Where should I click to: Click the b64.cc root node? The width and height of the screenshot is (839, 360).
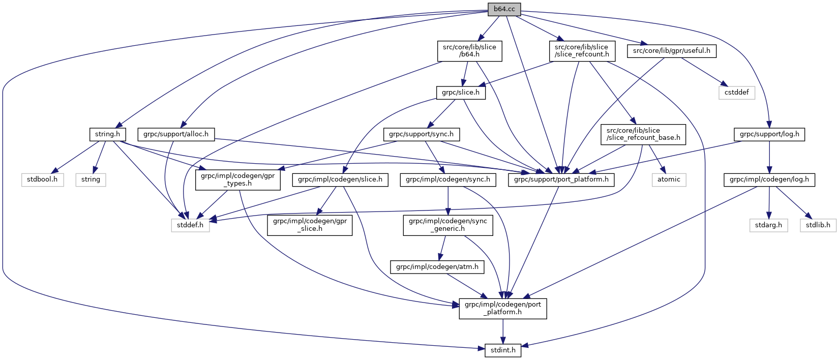(x=504, y=9)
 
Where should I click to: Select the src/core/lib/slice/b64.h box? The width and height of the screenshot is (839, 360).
(x=469, y=51)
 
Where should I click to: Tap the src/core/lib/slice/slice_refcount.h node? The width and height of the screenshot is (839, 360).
(x=582, y=51)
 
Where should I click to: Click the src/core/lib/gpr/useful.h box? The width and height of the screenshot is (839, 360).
(x=672, y=51)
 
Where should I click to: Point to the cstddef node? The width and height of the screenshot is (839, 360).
(x=737, y=93)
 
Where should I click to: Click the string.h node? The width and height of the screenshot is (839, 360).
(x=107, y=135)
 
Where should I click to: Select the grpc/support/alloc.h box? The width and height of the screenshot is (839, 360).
(x=176, y=135)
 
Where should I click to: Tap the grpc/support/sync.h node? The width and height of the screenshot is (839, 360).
(x=422, y=135)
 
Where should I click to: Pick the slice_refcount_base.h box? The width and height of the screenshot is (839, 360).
(x=643, y=134)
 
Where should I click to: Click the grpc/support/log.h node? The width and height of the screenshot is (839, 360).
(x=769, y=135)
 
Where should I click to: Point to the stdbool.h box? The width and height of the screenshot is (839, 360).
(x=43, y=179)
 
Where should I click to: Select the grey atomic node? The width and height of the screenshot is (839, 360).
(x=669, y=179)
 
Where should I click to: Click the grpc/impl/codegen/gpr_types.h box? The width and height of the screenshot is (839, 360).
(x=238, y=179)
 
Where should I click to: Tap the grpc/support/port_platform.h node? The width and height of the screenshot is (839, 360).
(x=561, y=179)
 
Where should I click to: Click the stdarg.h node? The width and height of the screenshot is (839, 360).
(x=768, y=225)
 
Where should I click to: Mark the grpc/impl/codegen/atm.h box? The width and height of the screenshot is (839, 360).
(x=437, y=267)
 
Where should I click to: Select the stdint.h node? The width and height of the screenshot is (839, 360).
(x=503, y=350)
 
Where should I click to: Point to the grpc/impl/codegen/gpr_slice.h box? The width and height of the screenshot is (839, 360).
(x=310, y=225)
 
